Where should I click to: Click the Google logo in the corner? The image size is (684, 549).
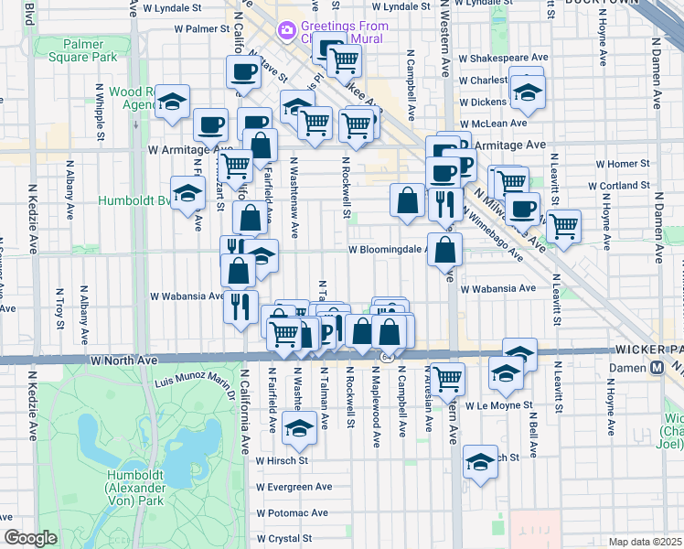pos(30,539)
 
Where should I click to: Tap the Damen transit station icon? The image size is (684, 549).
pos(656,368)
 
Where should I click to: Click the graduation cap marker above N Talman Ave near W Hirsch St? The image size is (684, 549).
pos(298,426)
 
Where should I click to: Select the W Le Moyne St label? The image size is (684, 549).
pos(498,405)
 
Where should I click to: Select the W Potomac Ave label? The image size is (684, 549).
pos(293,513)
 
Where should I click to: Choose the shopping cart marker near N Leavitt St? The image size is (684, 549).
pos(563,225)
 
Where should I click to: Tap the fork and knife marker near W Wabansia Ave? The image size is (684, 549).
pos(240,307)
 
